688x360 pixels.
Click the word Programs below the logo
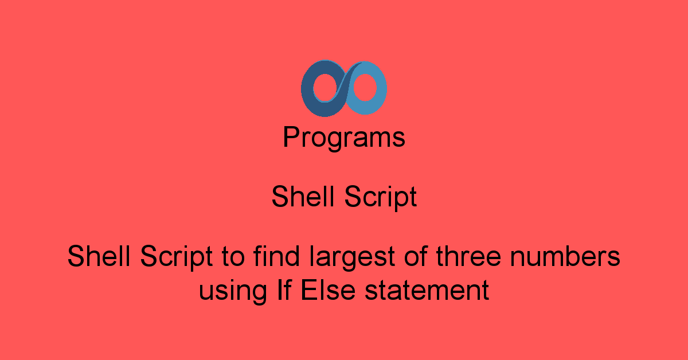(x=344, y=138)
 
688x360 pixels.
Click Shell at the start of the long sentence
(x=99, y=256)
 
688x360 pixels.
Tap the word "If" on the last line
(x=278, y=289)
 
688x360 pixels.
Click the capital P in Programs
(x=291, y=138)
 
